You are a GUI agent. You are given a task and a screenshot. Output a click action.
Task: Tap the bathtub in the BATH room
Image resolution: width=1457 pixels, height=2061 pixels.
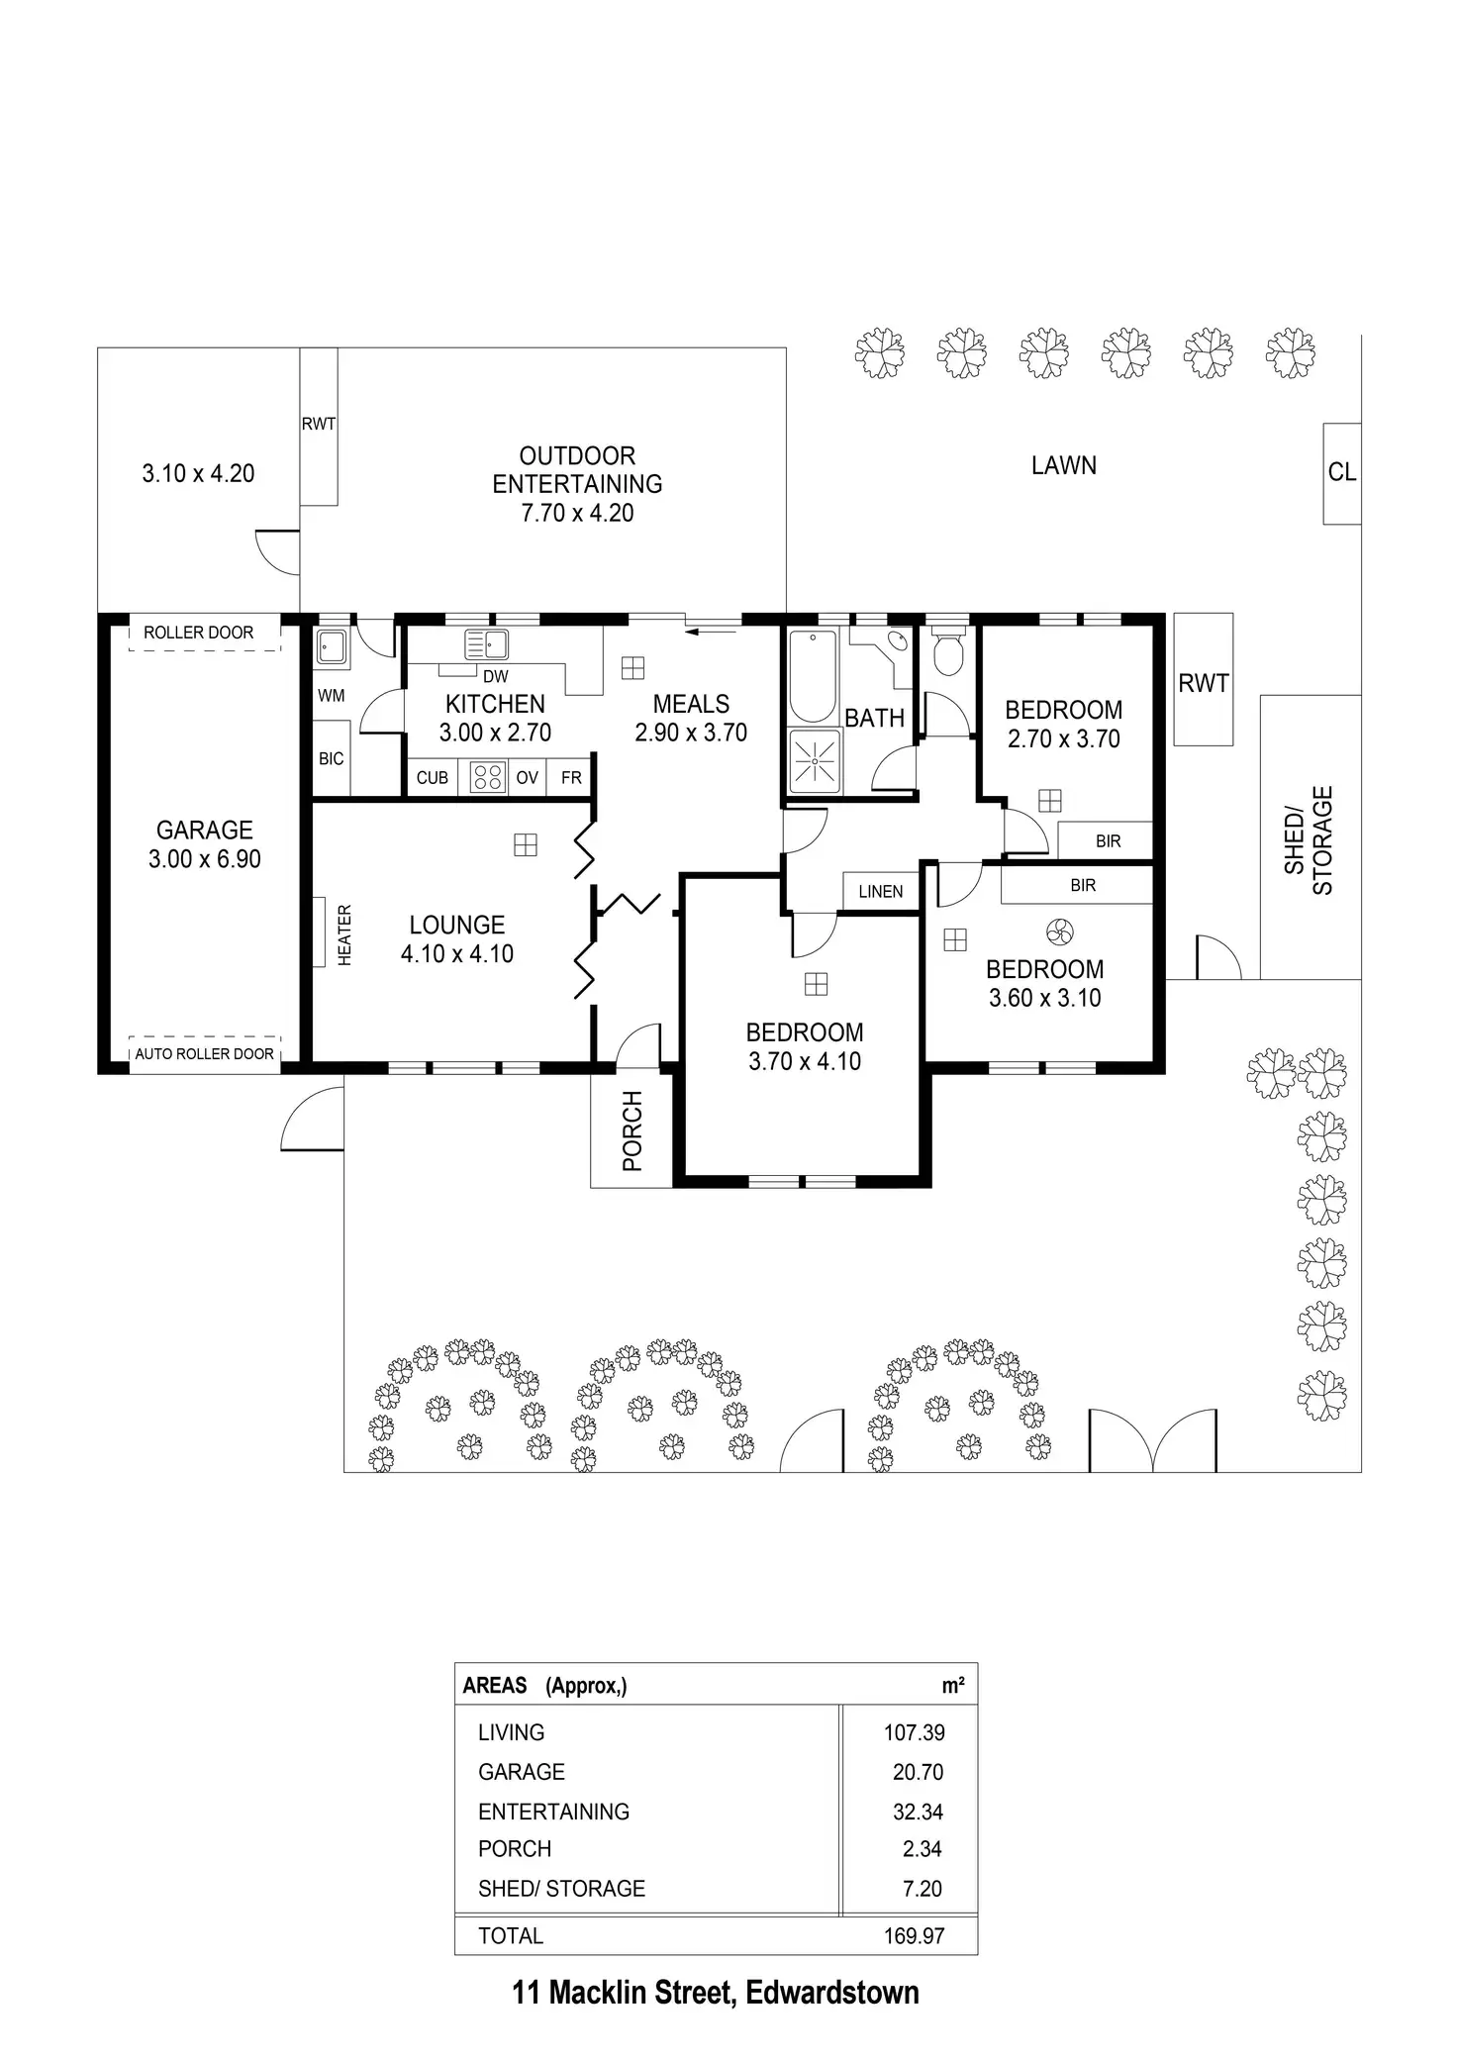tap(814, 675)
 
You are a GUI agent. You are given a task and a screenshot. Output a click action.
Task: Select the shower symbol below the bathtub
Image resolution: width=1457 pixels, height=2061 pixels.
tap(815, 761)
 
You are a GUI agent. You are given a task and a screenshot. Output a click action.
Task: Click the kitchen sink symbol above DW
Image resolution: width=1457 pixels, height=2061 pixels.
tap(486, 644)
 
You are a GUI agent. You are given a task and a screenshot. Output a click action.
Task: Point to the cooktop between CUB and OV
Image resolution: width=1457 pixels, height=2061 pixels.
tap(487, 777)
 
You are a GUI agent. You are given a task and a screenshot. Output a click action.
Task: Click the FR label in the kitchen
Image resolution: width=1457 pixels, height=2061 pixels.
tap(571, 778)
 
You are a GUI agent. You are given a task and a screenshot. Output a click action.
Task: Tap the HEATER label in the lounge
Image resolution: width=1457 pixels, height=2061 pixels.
tap(344, 935)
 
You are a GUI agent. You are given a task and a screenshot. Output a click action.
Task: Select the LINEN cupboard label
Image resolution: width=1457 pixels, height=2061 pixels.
tap(881, 892)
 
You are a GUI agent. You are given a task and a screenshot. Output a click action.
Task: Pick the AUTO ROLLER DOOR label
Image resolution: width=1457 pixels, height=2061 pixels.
tap(204, 1054)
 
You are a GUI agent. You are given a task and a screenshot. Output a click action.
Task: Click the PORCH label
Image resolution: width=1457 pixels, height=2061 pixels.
tap(632, 1131)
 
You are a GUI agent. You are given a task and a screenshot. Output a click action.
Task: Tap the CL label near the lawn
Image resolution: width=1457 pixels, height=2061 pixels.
tap(1342, 472)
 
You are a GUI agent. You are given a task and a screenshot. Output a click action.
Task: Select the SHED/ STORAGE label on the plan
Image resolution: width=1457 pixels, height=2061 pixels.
tap(1308, 840)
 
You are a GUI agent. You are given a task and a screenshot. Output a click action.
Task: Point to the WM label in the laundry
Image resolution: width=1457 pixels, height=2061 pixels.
tap(332, 696)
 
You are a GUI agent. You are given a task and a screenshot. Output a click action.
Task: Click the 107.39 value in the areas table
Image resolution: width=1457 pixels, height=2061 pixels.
tap(915, 1732)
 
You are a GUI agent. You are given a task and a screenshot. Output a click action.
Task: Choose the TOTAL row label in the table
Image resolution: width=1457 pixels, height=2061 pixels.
tap(511, 1935)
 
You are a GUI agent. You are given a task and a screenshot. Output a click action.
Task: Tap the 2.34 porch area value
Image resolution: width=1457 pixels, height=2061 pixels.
tap(923, 1848)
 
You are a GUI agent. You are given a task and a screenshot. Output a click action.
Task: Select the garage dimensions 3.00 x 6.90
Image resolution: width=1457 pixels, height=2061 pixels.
tap(205, 859)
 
